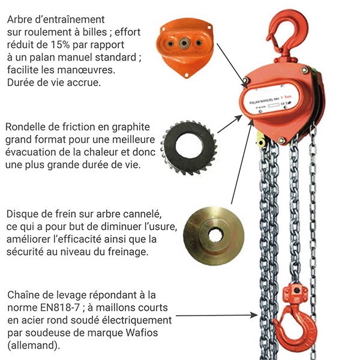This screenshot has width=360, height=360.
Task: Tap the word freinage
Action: [107, 252]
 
